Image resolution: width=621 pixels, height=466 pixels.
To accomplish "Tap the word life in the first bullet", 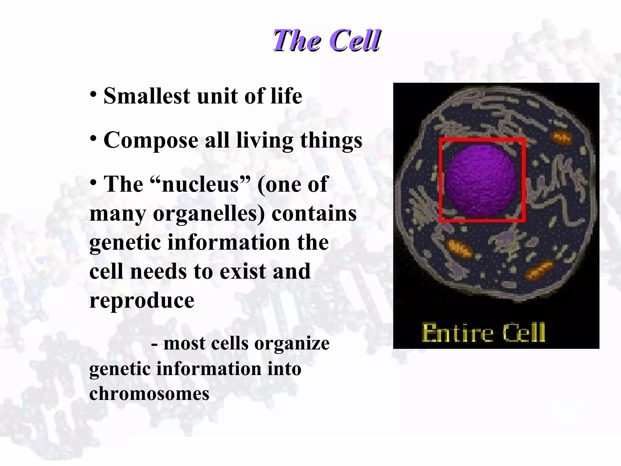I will click(x=286, y=96).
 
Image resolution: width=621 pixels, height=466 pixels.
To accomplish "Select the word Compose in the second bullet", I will click(x=151, y=141).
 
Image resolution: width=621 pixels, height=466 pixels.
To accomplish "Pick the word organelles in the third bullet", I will click(x=209, y=214).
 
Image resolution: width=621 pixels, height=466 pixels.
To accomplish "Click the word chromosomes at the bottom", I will click(x=149, y=394).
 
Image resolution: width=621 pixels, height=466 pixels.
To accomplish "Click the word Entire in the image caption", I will click(x=458, y=333).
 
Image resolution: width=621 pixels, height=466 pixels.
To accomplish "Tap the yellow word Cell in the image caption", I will click(x=523, y=333).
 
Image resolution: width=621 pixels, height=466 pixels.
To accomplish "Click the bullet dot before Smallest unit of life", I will click(x=93, y=95).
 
